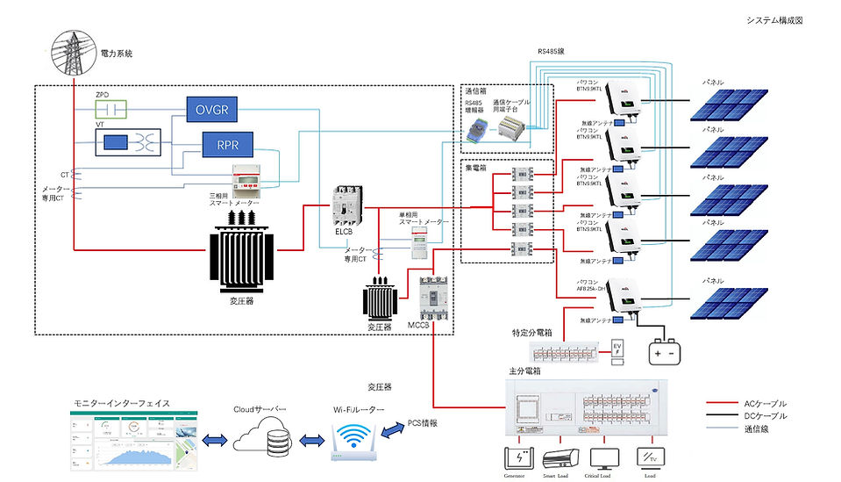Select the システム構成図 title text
tap(774, 20)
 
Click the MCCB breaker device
tap(435, 299)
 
